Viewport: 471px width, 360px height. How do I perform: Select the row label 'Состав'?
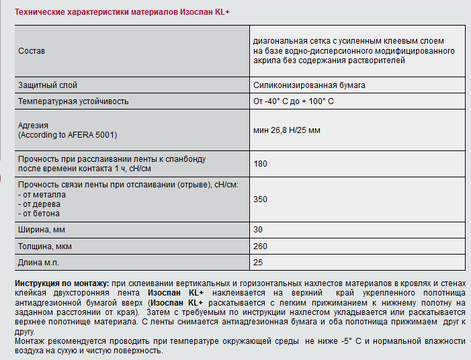coord(32,51)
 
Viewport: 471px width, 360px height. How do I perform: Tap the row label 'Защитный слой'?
coord(48,86)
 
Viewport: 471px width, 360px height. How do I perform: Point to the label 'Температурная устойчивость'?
coord(73,101)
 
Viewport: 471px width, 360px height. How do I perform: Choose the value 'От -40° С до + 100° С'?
coord(294,101)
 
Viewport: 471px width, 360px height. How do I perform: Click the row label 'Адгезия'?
coord(34,126)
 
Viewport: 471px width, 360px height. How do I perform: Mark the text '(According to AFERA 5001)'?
coord(68,135)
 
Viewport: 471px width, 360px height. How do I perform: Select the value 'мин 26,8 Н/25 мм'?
coord(287,130)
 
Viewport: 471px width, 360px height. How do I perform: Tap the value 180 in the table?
coord(261,163)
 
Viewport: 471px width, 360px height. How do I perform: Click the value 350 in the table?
coord(261,199)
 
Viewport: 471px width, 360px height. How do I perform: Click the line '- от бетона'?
coord(39,214)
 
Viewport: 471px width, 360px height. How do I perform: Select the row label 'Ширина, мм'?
coord(42,230)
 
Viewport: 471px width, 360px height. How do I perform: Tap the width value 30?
coord(259,230)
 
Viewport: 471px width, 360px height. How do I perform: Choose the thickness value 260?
coord(261,246)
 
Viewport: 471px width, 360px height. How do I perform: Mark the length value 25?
coord(259,263)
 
